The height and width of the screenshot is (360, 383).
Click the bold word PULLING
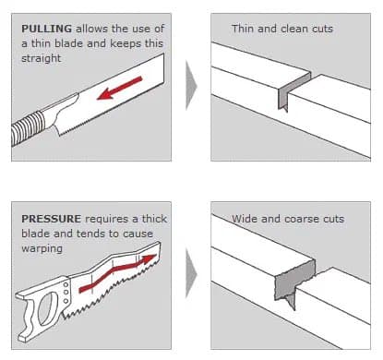[46, 29]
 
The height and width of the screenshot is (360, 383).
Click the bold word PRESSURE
[51, 219]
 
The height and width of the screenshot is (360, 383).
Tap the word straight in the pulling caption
[42, 58]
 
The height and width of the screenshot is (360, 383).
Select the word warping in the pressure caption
[42, 248]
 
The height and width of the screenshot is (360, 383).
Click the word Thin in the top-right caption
[243, 29]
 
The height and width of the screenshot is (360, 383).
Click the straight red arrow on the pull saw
[119, 89]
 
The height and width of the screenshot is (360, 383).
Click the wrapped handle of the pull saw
[28, 127]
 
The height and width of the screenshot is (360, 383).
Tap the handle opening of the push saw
[48, 308]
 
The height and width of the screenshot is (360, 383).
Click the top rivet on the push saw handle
[66, 285]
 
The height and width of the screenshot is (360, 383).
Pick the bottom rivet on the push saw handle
[66, 301]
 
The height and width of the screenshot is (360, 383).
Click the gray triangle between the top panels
[191, 86]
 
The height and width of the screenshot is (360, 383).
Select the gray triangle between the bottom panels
[191, 273]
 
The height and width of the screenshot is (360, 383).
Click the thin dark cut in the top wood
[293, 90]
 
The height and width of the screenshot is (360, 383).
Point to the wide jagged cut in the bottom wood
[294, 282]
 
